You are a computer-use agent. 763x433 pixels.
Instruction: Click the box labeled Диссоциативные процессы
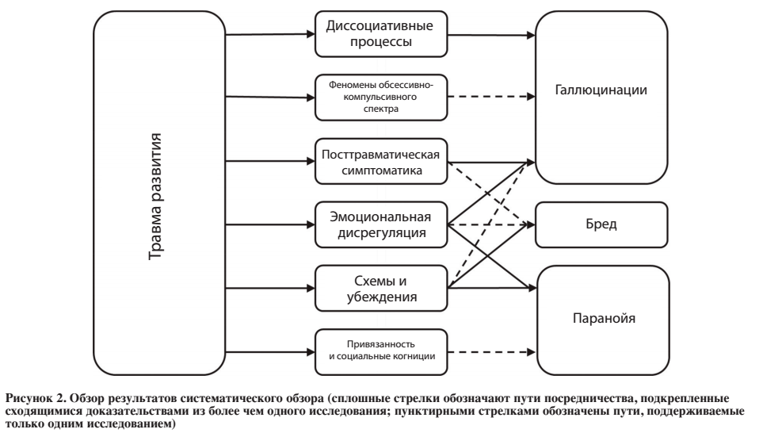(381, 34)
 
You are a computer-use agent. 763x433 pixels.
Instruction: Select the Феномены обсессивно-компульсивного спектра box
(381, 97)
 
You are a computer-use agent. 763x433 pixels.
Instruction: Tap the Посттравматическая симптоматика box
(381, 161)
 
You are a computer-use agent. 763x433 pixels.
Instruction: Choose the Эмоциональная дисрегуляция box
(381, 224)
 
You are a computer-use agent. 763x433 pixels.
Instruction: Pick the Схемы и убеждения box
(381, 289)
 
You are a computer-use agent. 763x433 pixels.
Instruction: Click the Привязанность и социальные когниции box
(381, 351)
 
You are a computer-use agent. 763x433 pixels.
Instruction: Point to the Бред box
(601, 225)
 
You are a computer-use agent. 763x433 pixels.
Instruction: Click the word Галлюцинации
(601, 90)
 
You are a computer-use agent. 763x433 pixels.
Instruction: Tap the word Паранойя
(604, 318)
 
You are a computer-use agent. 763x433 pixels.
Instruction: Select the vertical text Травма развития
(155, 197)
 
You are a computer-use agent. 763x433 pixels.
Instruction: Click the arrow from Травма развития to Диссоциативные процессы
(270, 35)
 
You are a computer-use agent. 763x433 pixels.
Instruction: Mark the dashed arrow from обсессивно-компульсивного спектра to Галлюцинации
(491, 97)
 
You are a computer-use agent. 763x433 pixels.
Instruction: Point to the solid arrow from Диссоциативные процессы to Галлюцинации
(491, 35)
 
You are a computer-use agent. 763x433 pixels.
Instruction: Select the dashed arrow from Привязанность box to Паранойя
(491, 351)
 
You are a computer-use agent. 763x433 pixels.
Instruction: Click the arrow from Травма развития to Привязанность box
(270, 351)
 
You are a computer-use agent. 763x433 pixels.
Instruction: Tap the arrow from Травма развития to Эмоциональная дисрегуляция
(270, 224)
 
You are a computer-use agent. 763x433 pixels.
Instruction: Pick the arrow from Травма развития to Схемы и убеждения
(270, 289)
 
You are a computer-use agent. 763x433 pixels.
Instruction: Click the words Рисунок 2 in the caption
(36, 398)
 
